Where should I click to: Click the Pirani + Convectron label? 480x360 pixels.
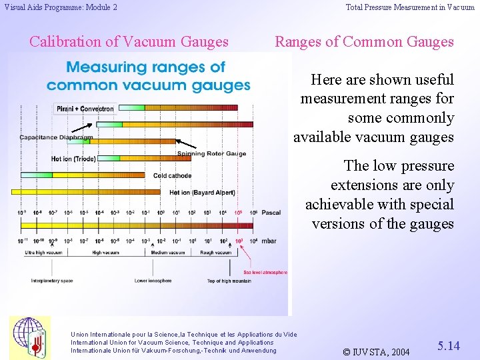pos(84,108)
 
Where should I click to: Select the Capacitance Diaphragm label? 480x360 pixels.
pos(56,137)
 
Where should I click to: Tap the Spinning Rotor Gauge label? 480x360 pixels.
pos(211,154)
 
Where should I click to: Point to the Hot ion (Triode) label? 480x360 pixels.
pos(74,159)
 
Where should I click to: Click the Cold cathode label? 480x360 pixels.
pos(172,176)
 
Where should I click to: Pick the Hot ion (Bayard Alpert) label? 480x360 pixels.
pos(202,193)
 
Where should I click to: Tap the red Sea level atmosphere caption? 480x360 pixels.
pos(265,272)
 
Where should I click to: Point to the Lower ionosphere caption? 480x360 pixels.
pos(153,281)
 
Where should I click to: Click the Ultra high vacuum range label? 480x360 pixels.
pos(43,253)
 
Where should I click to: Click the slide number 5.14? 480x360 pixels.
pos(448,346)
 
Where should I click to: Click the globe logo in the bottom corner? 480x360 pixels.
pos(29,337)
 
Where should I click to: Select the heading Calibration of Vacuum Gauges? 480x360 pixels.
pos(129,41)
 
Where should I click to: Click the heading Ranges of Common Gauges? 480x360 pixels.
pos(364,41)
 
